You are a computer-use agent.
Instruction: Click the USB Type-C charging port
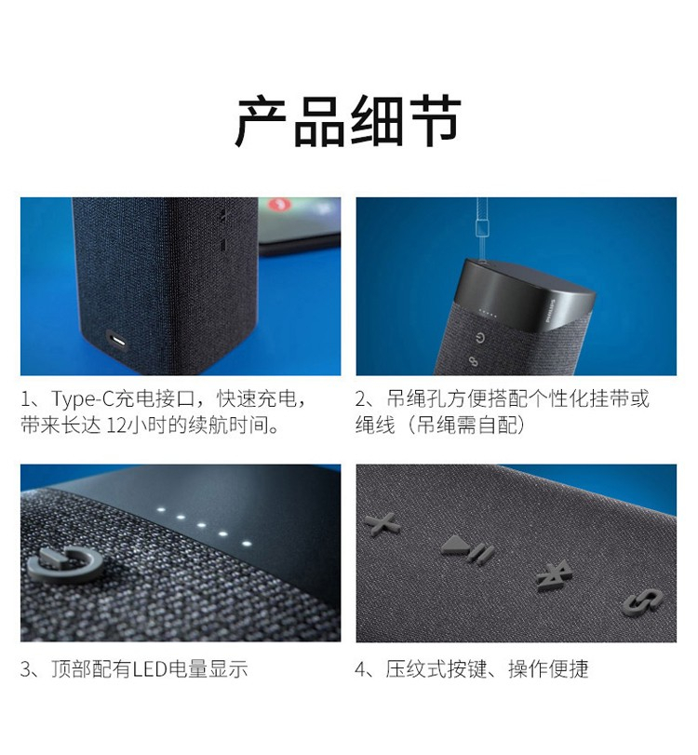tap(116, 341)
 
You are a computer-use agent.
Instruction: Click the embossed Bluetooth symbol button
tap(554, 575)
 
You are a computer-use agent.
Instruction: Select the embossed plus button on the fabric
tap(383, 523)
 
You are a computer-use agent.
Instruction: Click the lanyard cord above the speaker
tap(481, 229)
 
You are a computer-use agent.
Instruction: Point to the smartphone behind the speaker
tap(300, 225)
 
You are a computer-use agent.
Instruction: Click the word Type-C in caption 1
tap(82, 399)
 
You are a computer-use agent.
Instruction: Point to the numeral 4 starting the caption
tap(361, 669)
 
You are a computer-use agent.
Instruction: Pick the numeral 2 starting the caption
tap(361, 399)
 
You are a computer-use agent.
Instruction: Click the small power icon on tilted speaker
tap(479, 338)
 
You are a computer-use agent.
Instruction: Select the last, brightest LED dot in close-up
tap(247, 544)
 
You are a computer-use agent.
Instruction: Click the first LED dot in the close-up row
tap(161, 509)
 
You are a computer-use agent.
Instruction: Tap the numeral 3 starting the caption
tap(25, 669)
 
